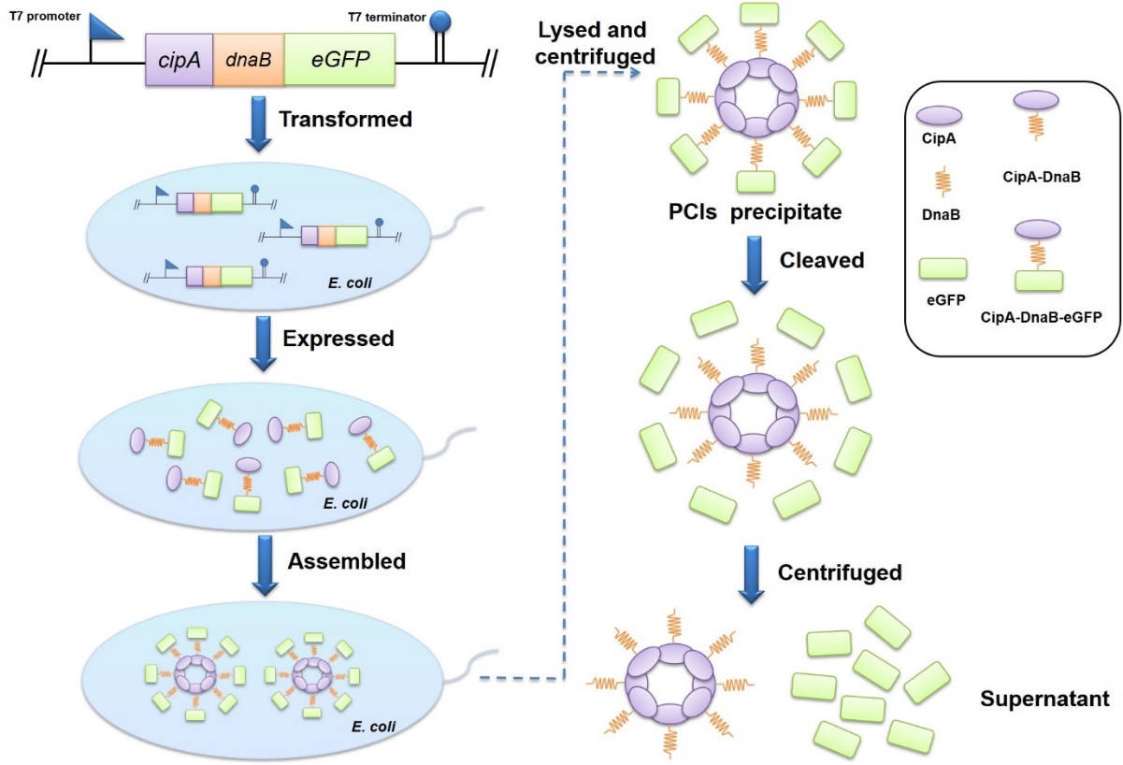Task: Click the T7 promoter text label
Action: click(43, 16)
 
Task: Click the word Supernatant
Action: click(1044, 698)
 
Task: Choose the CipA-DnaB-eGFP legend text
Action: click(1041, 316)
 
